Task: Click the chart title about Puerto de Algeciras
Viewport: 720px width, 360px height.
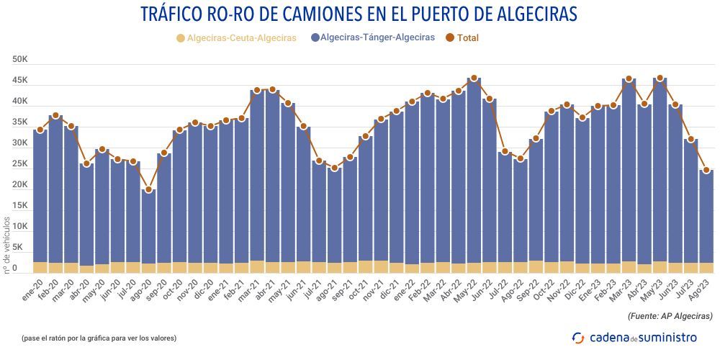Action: pos(359,14)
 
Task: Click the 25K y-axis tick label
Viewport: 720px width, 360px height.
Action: pos(19,164)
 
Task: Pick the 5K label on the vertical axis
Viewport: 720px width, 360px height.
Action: pos(22,248)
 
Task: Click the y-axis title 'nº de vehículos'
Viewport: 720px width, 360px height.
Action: pos(7,245)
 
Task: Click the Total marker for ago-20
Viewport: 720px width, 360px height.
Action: pos(148,190)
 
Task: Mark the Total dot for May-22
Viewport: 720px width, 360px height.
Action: pos(473,78)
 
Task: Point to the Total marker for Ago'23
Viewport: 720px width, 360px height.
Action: pos(706,171)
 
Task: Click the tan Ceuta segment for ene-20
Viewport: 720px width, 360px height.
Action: pos(40,267)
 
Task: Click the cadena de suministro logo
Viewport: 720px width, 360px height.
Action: pos(634,337)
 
